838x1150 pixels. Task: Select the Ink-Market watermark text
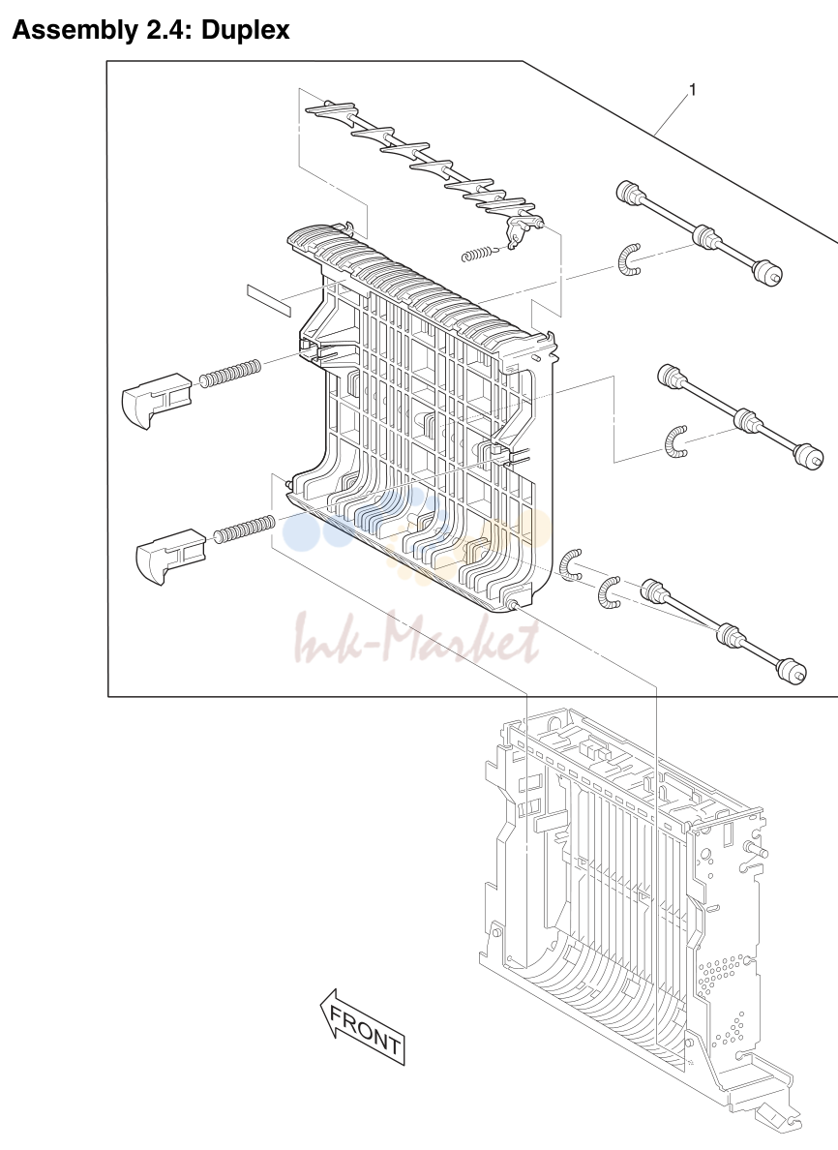click(416, 638)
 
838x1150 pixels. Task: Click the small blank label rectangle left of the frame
click(269, 301)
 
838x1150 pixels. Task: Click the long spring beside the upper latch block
click(231, 373)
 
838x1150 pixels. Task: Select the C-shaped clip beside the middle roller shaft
click(674, 443)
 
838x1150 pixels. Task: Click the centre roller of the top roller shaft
click(705, 237)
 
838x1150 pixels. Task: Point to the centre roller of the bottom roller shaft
click(727, 634)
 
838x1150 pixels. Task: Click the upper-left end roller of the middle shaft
click(669, 376)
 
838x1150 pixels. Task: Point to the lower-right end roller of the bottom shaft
click(792, 669)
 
